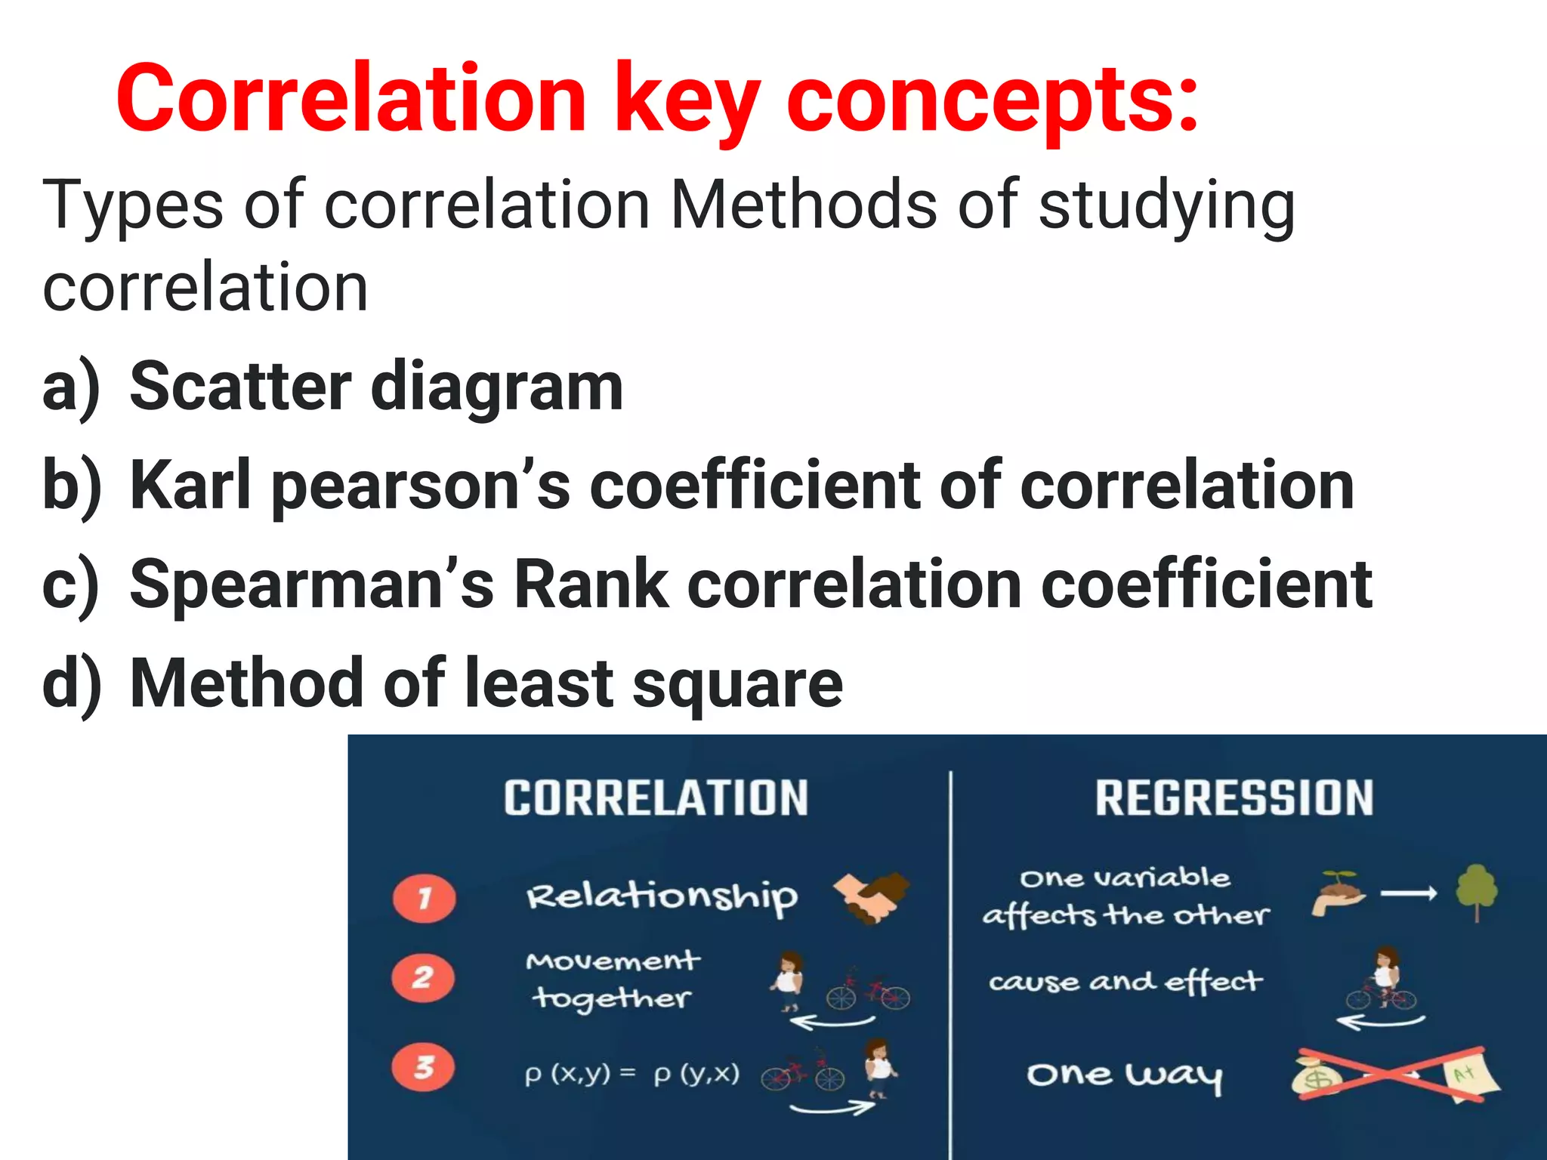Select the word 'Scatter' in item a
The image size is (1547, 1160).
(x=240, y=387)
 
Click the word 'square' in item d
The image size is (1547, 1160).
(x=737, y=684)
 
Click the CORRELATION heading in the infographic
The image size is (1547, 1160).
(x=656, y=798)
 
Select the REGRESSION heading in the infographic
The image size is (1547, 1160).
(x=1234, y=798)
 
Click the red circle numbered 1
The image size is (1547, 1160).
(x=425, y=899)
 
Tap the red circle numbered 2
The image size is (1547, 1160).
(x=423, y=978)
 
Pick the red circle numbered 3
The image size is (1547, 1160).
(x=424, y=1067)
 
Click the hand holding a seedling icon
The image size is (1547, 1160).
(x=1337, y=893)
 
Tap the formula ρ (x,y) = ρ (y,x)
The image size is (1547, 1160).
(x=631, y=1074)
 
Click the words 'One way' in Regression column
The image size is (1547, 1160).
(x=1124, y=1075)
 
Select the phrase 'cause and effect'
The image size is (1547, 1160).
(x=1125, y=982)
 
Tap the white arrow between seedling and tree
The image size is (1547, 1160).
(x=1409, y=894)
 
